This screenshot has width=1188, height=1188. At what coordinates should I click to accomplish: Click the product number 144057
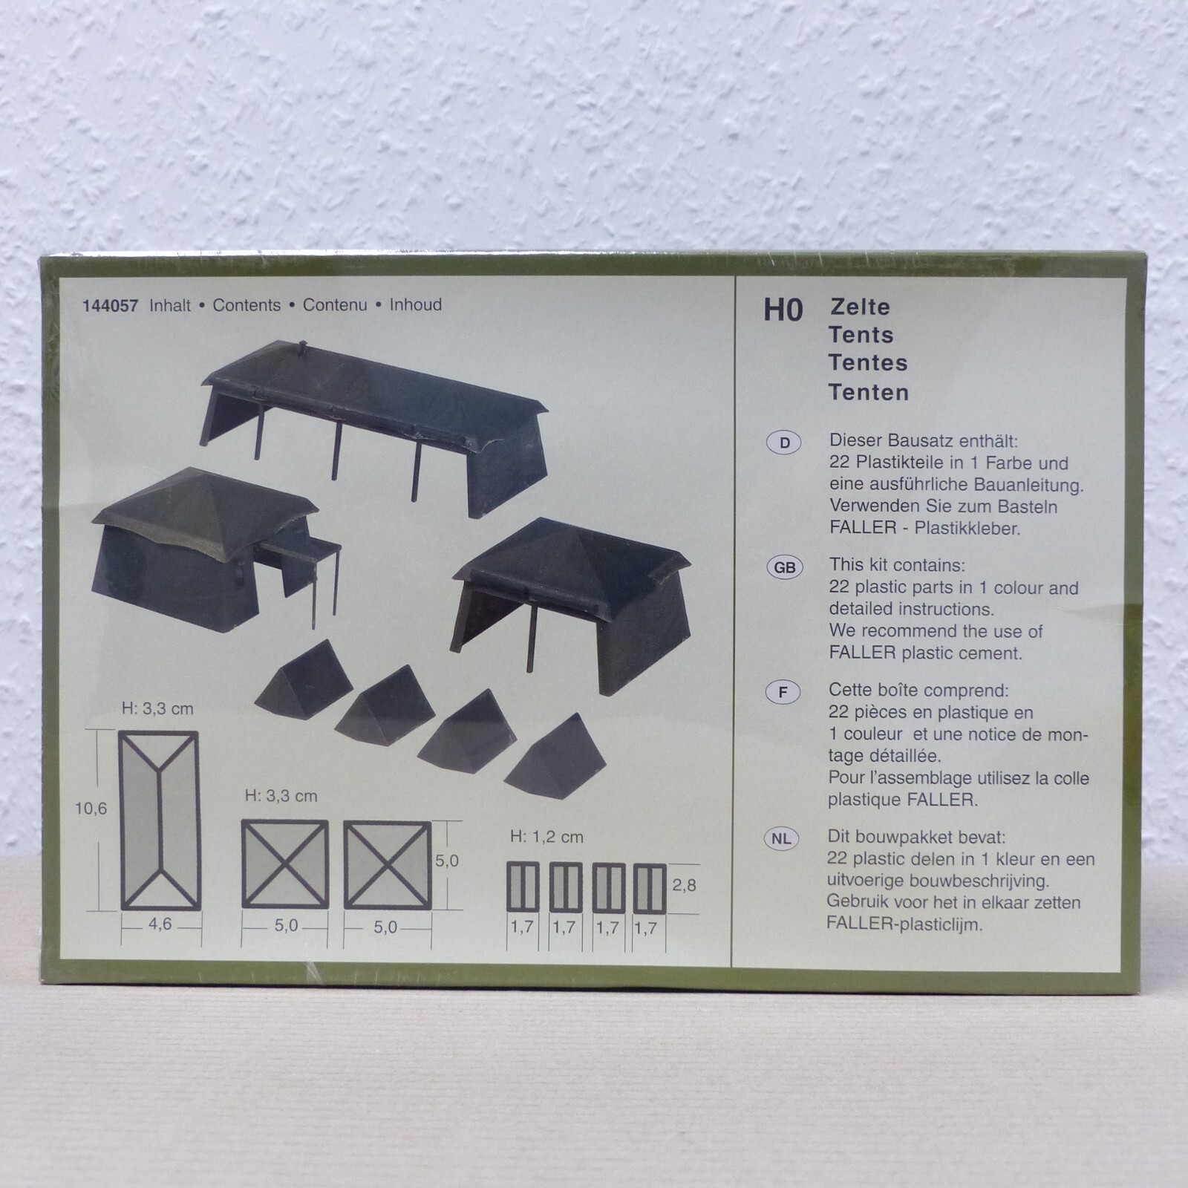click(110, 306)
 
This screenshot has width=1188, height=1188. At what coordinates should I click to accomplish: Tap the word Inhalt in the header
click(170, 305)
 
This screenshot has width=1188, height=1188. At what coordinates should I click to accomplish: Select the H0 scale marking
click(783, 310)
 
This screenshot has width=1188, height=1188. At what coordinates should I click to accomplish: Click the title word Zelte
click(860, 307)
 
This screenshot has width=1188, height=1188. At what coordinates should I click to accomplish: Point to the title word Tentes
click(868, 363)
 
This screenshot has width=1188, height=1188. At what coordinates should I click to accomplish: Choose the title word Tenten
click(869, 392)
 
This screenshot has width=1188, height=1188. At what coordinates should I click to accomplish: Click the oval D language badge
click(784, 443)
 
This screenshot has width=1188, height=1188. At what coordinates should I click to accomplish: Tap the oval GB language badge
click(784, 568)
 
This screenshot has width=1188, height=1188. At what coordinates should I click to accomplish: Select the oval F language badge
click(783, 693)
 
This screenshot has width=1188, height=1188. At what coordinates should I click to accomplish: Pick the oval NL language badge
click(781, 839)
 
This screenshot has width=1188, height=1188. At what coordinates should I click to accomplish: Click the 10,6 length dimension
click(91, 809)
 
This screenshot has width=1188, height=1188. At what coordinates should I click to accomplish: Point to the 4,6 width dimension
click(160, 924)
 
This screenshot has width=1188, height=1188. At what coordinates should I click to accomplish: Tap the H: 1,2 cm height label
click(546, 837)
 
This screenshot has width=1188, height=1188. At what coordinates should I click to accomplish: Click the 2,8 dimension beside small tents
click(684, 885)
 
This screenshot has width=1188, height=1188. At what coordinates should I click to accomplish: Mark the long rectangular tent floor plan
click(160, 820)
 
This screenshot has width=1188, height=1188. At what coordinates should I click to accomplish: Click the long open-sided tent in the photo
click(374, 423)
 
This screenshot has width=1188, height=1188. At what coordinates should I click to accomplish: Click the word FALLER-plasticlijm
click(904, 925)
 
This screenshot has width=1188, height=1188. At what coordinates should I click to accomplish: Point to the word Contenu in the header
click(335, 305)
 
